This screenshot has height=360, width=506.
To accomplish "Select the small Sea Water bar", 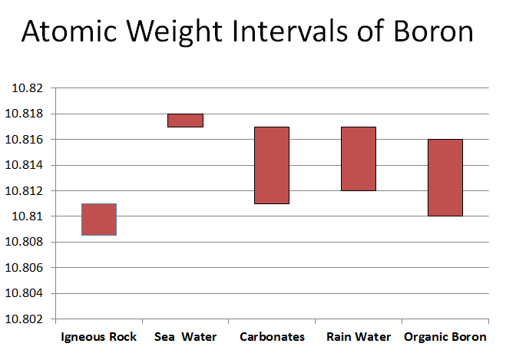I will tap(185, 120).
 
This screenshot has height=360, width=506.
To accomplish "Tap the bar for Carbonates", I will tap(271, 165).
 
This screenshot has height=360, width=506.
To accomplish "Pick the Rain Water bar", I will tap(358, 158).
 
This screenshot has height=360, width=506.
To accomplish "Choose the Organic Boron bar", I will tap(445, 177).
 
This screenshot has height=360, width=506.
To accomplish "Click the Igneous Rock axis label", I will tap(98, 337).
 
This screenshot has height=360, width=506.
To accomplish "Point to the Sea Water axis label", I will tap(185, 337).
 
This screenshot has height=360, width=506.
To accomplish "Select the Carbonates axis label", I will tap(272, 337).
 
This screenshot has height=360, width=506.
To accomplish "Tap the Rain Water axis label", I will tap(359, 337).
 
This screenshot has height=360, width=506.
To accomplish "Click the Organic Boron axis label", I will tap(445, 337).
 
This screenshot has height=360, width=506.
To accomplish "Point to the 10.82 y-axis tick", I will tap(26, 88).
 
